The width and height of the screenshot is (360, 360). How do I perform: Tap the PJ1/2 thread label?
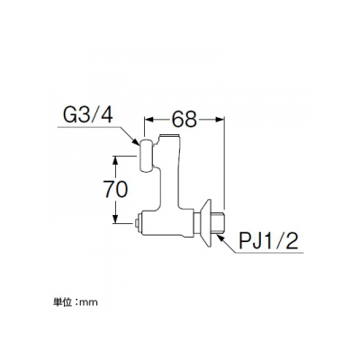coord(268,241)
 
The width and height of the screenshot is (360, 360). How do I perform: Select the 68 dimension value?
coord(184,120)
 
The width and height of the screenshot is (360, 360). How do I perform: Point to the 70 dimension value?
coord(116,189)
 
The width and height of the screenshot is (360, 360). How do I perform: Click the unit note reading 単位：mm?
coord(76,302)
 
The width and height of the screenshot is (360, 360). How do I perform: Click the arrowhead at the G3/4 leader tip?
coord(136,142)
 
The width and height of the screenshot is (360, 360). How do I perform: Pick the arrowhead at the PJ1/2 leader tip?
coord(220,238)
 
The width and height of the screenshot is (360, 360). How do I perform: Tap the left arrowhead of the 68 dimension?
coord(149,120)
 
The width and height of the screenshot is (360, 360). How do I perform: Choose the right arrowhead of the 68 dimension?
coord(220,120)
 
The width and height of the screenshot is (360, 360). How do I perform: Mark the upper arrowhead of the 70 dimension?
coord(115,160)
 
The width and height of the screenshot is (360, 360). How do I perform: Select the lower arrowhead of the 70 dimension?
coord(115,219)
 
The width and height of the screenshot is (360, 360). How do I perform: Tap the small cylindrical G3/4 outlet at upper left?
coord(147,156)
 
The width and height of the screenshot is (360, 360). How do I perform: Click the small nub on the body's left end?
coord(136,223)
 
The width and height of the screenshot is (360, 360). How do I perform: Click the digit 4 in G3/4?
coord(106,116)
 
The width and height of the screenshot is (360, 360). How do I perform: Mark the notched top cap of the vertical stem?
coord(170,139)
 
